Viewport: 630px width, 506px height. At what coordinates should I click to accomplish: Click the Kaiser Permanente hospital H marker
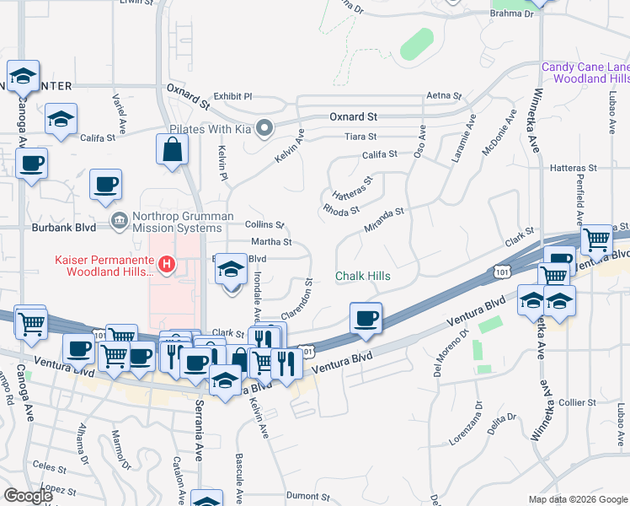(x=167, y=265)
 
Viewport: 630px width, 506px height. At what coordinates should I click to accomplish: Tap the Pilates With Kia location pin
(x=264, y=129)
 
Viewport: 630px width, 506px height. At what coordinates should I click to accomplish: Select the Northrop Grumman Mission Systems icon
(x=119, y=221)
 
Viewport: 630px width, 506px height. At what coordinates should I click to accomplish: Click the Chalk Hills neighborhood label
(x=363, y=276)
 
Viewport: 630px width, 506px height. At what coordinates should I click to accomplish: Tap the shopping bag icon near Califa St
(x=172, y=150)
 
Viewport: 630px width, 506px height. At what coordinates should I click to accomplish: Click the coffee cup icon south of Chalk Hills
(x=366, y=319)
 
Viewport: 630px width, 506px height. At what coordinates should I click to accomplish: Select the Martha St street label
(x=271, y=241)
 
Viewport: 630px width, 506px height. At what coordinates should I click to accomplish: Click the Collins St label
(x=264, y=224)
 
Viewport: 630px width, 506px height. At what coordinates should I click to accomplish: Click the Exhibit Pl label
(x=232, y=96)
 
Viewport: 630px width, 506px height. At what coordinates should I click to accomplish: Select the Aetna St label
(x=444, y=96)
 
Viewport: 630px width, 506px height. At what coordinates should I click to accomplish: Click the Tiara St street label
(x=360, y=136)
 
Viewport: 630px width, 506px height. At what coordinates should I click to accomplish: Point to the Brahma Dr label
(x=512, y=13)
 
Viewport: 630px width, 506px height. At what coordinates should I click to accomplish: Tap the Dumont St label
(x=307, y=497)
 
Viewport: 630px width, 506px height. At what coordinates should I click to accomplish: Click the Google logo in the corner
(x=28, y=496)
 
